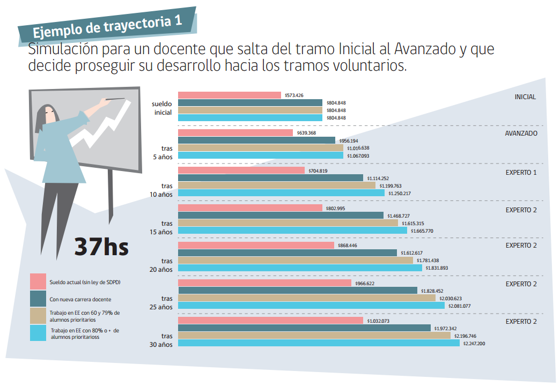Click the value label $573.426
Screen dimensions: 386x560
coord(293,95)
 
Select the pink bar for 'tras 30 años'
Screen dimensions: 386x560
coord(270,321)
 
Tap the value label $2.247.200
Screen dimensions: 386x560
coord(474,343)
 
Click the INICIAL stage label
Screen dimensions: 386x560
coord(525,97)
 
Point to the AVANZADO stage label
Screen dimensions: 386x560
coord(521,133)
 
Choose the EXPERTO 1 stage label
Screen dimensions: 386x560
coord(521,173)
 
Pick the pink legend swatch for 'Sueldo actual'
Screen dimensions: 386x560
coord(38,281)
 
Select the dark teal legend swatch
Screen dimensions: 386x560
coord(38,299)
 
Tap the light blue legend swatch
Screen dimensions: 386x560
coord(38,333)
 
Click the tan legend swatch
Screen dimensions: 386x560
coord(38,316)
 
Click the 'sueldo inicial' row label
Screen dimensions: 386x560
coord(162,108)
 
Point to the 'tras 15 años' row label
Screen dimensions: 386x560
coord(162,228)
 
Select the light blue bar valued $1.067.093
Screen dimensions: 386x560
coord(260,155)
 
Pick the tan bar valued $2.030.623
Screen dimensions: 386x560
coord(306,298)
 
